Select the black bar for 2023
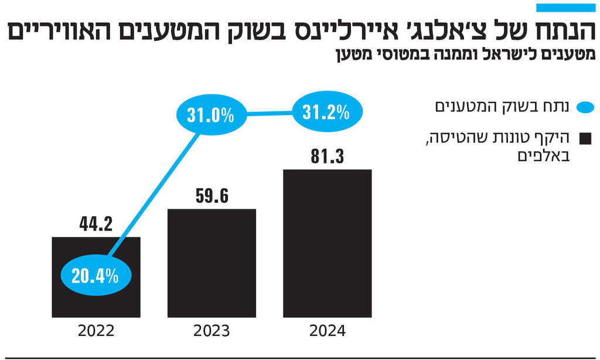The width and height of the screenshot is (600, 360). pyautogui.click(x=212, y=264)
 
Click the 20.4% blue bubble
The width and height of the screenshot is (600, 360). pyautogui.click(x=95, y=275)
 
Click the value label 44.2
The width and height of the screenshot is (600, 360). pyautogui.click(x=95, y=225)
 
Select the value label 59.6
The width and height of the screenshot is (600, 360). pyautogui.click(x=212, y=196)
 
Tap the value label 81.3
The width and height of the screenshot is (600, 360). pyautogui.click(x=327, y=157)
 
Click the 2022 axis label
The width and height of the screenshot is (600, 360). pyautogui.click(x=96, y=331)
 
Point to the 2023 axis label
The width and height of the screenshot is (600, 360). pyautogui.click(x=212, y=331)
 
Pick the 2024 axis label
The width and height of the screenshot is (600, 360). pyautogui.click(x=327, y=331)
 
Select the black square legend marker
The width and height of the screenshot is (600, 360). pyautogui.click(x=585, y=139)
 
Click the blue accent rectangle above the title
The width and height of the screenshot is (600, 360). pyautogui.click(x=565, y=8)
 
